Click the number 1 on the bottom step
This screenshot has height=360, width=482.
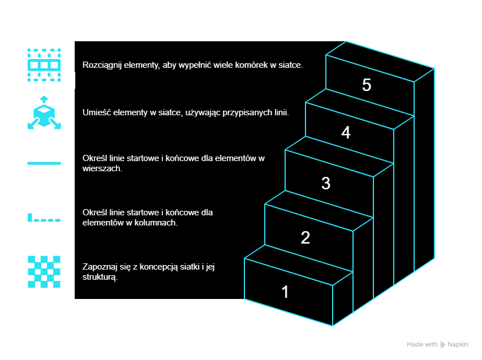[285, 292]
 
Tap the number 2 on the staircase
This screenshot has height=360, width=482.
[305, 238]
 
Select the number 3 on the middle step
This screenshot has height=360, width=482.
[326, 183]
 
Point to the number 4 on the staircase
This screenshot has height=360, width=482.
[346, 133]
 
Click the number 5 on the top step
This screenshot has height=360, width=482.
[367, 85]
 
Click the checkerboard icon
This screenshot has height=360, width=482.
[44, 272]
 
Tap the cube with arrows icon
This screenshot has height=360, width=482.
[44, 113]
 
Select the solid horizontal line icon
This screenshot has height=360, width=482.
[44, 163]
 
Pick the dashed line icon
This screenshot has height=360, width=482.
[44, 218]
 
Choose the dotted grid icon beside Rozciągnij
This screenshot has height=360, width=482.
[44, 65]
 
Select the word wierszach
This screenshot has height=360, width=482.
[102, 168]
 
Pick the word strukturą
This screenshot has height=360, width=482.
[100, 277]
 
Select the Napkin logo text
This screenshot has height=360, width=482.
[459, 344]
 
